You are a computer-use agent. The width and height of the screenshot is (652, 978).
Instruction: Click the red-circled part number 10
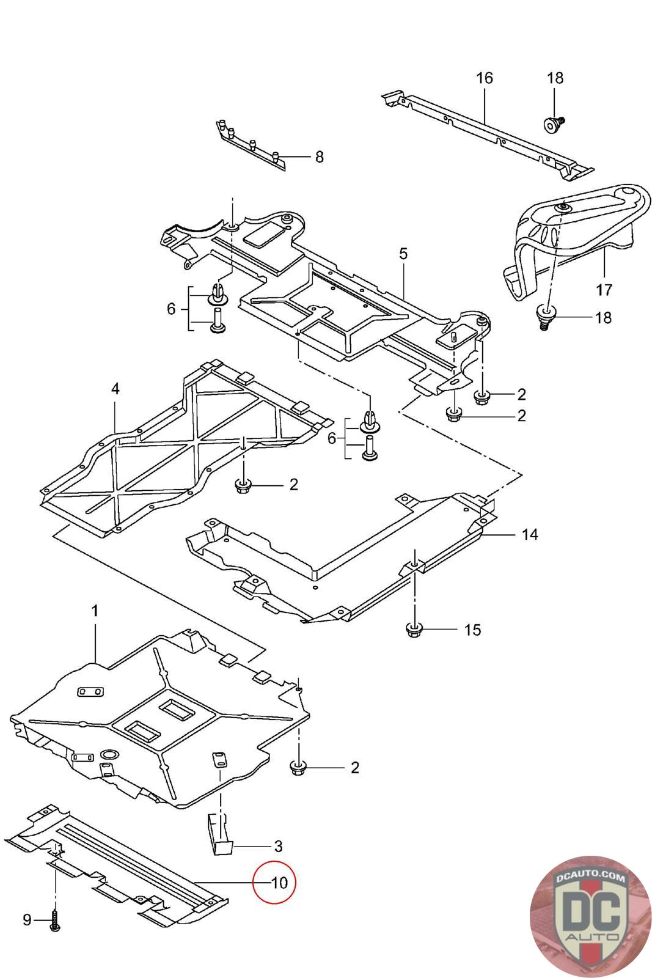pyautogui.click(x=274, y=883)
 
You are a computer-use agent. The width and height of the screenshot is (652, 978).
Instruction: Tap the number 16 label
pyautogui.click(x=484, y=78)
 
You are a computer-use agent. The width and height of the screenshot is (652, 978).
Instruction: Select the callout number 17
pyautogui.click(x=604, y=289)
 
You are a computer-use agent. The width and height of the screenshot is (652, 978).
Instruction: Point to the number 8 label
pyautogui.click(x=319, y=157)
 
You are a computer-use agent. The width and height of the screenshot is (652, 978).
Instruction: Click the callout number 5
pyautogui.click(x=403, y=253)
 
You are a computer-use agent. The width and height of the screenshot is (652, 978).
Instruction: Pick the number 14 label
pyautogui.click(x=530, y=534)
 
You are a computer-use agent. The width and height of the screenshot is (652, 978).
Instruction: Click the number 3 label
pyautogui.click(x=278, y=846)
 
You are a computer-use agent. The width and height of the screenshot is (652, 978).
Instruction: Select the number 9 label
pyautogui.click(x=27, y=919)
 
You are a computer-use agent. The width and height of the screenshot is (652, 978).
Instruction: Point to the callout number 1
pyautogui.click(x=95, y=611)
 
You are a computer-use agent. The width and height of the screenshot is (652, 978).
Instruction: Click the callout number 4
pyautogui.click(x=115, y=388)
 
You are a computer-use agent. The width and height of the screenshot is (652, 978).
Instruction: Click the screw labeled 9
pyautogui.click(x=56, y=921)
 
